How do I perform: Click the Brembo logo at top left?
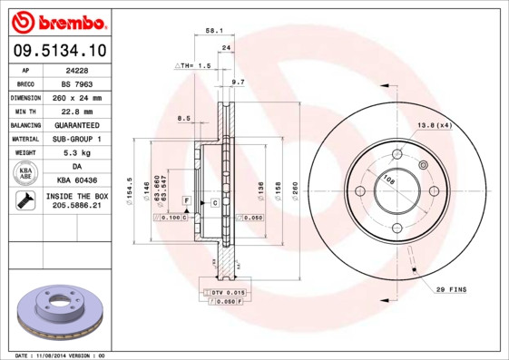tap(57, 20)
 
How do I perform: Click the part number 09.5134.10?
tap(57, 51)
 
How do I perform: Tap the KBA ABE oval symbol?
tap(26, 173)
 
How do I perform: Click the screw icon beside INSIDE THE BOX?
tap(23, 202)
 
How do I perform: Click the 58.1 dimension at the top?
tap(214, 30)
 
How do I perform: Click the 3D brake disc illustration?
tap(55, 312)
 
